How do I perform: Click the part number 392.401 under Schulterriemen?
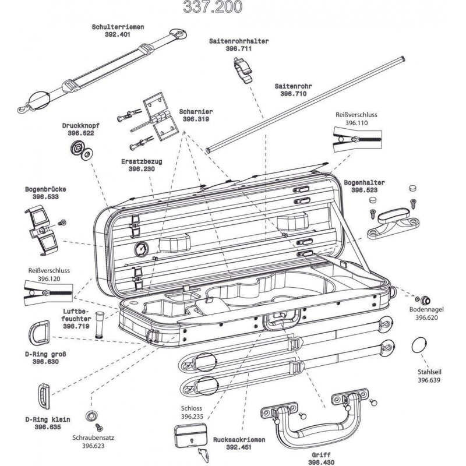118,35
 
